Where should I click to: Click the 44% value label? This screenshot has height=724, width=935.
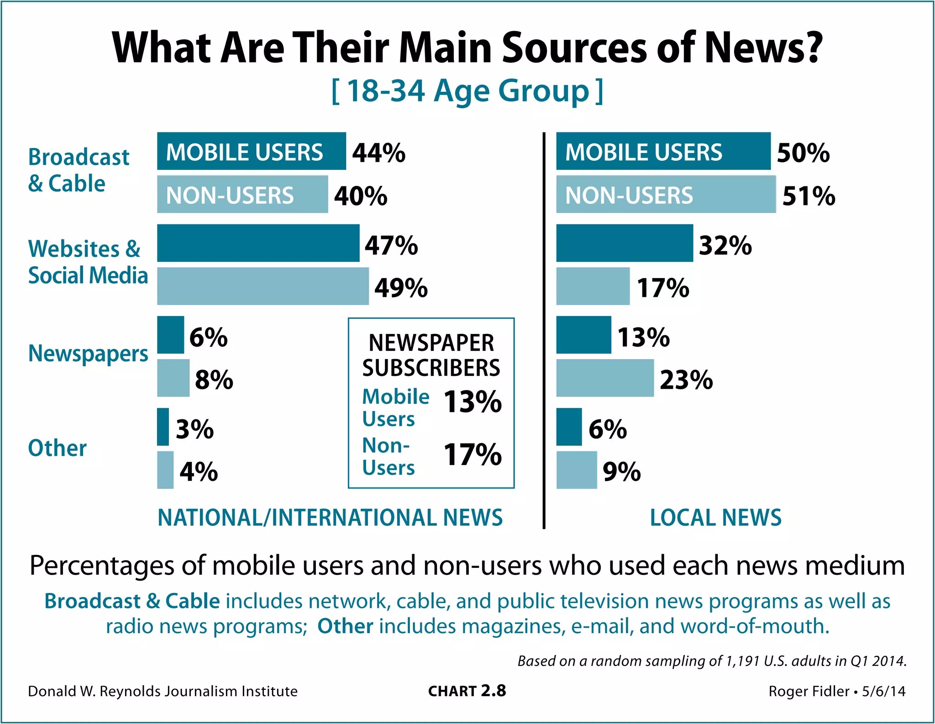pyautogui.click(x=378, y=153)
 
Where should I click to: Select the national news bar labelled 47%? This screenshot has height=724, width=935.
pyautogui.click(x=258, y=243)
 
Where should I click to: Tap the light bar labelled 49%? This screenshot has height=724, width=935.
pyautogui.click(x=263, y=286)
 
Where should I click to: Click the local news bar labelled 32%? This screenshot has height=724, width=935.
pyautogui.click(x=624, y=243)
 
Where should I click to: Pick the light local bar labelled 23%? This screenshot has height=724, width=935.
pyautogui.click(x=604, y=378)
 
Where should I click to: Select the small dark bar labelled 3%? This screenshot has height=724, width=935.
pyautogui.click(x=163, y=427)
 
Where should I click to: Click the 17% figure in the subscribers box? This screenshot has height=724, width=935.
pyautogui.click(x=473, y=454)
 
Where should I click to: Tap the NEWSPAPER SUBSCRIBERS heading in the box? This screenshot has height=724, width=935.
pyautogui.click(x=431, y=355)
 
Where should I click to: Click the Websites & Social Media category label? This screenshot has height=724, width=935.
pyautogui.click(x=88, y=262)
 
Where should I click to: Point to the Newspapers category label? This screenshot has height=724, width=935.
pyautogui.click(x=88, y=354)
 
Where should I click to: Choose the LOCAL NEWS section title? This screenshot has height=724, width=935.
pyautogui.click(x=715, y=518)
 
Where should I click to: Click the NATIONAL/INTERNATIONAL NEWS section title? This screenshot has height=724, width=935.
pyautogui.click(x=330, y=518)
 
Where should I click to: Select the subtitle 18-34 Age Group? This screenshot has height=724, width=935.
pyautogui.click(x=467, y=91)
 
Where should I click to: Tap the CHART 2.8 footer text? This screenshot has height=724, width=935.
pyautogui.click(x=467, y=691)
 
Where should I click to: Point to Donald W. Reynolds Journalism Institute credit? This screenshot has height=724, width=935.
pyautogui.click(x=163, y=691)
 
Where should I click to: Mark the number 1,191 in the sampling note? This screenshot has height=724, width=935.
pyautogui.click(x=742, y=661)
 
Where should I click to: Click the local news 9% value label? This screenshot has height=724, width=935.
pyautogui.click(x=621, y=471)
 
